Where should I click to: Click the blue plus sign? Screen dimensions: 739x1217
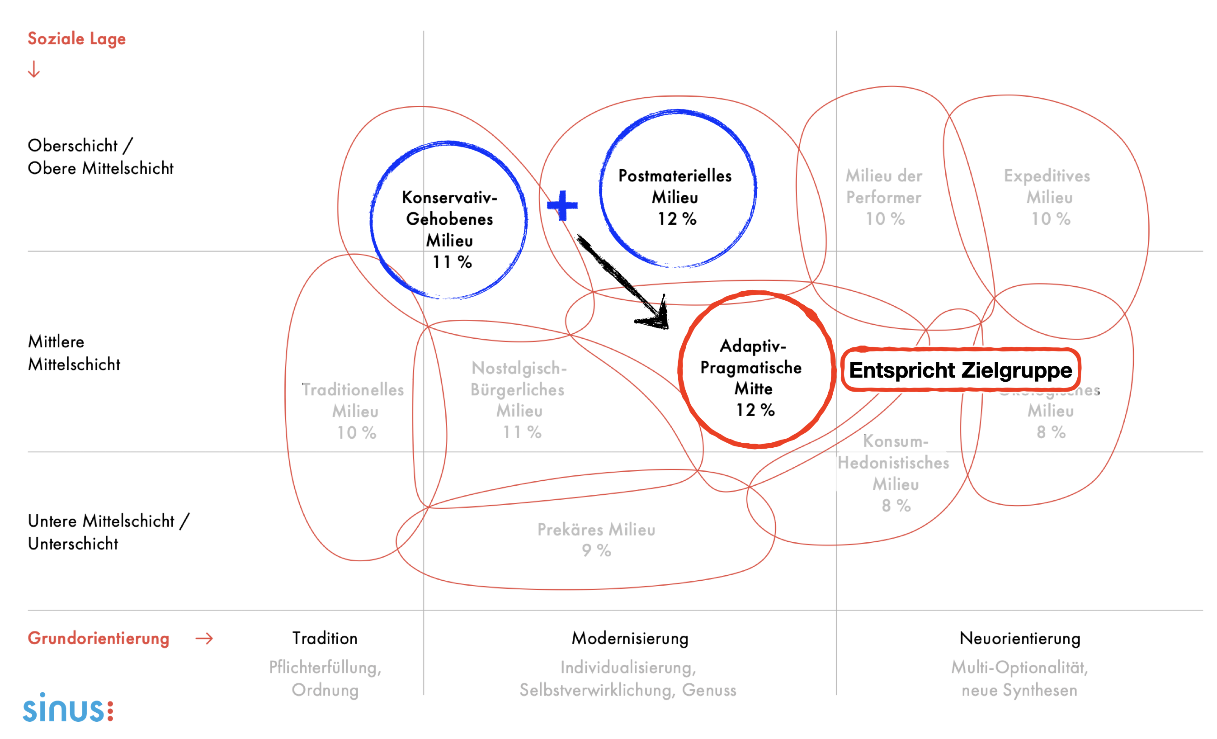562,205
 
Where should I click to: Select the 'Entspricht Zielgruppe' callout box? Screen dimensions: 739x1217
960,370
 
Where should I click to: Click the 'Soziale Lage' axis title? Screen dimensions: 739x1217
76,38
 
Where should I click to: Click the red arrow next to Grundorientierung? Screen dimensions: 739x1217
204,639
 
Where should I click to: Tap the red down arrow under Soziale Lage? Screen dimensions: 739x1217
33,69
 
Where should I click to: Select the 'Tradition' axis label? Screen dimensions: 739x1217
325,638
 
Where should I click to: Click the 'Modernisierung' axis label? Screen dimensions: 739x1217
630,638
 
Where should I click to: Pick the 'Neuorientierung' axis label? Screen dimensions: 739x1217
1019,638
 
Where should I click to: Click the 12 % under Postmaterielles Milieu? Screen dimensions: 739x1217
677,219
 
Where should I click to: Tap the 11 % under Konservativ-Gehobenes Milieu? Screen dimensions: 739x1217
452,262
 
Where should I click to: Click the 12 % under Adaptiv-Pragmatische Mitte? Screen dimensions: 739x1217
755,410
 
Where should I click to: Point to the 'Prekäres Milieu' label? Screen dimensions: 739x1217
596,530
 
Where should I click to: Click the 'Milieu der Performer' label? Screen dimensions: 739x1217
884,187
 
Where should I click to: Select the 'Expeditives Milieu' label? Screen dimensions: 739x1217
1047,187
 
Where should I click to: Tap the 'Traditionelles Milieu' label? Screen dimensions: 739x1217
353,400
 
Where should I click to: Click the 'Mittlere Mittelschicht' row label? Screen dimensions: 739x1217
74,353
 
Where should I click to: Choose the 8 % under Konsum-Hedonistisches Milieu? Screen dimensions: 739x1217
896,506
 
